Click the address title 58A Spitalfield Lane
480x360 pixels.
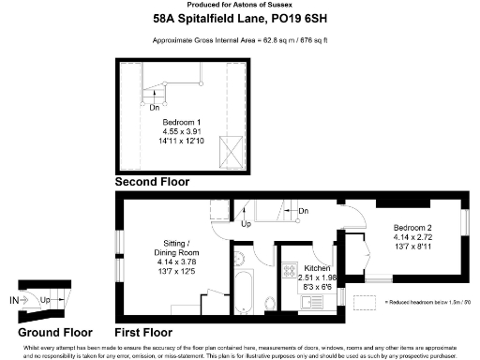(x=239, y=18)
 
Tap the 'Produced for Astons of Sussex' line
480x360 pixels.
(x=239, y=5)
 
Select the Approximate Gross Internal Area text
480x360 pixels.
(x=239, y=40)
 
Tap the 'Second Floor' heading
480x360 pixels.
(x=151, y=181)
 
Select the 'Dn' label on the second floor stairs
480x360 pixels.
(x=155, y=107)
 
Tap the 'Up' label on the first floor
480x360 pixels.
(x=247, y=225)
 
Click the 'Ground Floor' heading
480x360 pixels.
(x=55, y=333)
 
